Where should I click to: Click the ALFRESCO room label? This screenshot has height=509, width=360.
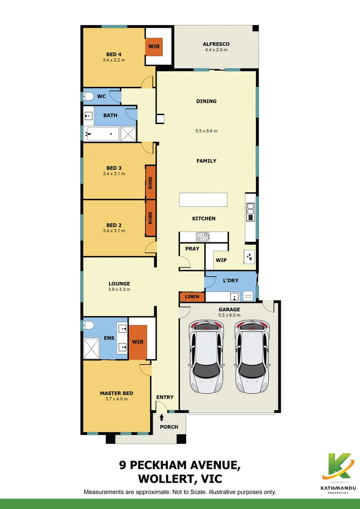pos(217,44)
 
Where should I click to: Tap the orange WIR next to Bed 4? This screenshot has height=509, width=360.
pos(154,47)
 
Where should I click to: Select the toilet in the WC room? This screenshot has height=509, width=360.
pos(88,97)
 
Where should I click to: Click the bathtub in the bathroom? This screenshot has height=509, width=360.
pos(101,134)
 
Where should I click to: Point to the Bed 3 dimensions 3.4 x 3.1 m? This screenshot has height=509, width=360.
pos(114,174)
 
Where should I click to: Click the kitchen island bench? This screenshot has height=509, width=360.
pos(203,199)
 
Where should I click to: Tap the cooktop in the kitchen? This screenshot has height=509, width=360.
pos(203,236)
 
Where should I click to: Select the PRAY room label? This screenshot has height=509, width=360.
pos(192,248)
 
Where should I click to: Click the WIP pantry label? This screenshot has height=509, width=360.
pos(221,260)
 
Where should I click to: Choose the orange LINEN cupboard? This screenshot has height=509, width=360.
pos(192,296)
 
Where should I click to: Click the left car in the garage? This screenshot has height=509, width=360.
pos(206,357)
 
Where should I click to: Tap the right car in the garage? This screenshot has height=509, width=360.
pos(251,357)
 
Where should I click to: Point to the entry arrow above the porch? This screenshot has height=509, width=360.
pos(162,417)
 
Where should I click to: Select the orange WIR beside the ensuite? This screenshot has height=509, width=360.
pos(138,342)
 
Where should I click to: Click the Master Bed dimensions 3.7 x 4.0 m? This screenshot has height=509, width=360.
pos(116,399)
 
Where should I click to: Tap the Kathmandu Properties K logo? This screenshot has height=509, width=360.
pos(339,466)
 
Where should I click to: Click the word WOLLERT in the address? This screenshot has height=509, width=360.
pos(168,479)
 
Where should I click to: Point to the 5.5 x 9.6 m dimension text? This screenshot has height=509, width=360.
pos(206,131)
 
